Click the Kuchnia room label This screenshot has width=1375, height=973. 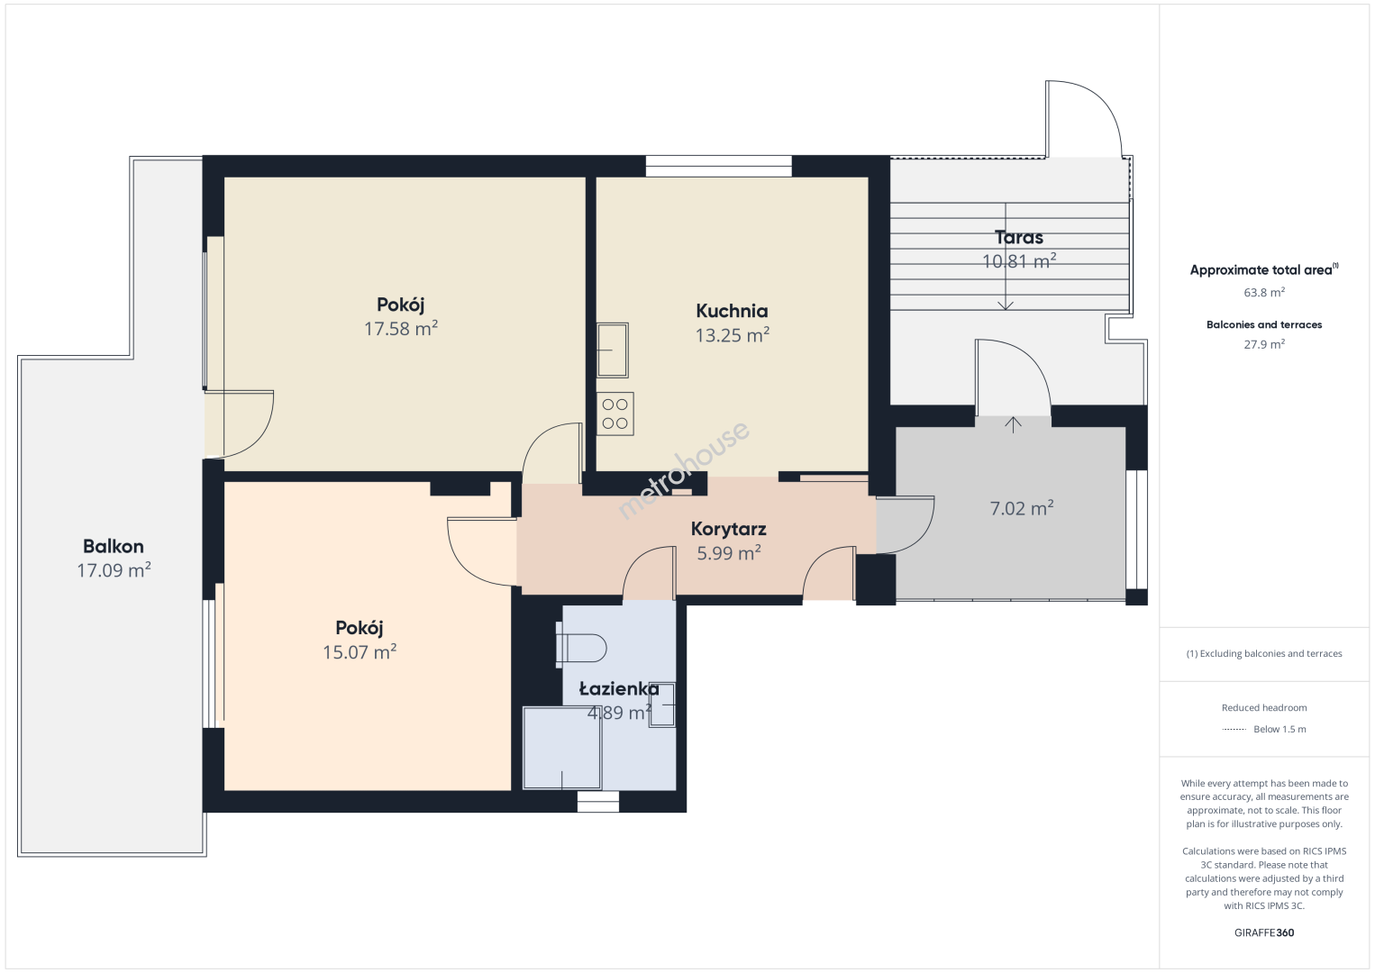coord(732,311)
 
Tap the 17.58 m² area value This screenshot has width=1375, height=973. coord(401,328)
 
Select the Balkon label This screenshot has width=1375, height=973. coord(114,546)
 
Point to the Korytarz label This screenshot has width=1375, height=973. coord(729,529)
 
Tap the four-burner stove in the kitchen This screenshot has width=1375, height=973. coord(615,414)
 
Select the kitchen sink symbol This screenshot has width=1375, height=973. coord(613,350)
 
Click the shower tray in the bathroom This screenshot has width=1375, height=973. coord(561,748)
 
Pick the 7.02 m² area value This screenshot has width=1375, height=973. coord(1022,508)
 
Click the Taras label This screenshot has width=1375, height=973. coord(1019,237)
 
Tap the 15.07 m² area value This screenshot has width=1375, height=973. coord(360,651)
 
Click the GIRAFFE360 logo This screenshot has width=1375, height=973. coord(1264,932)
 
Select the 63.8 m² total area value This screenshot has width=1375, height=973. coord(1264,292)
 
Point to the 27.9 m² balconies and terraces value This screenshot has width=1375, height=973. coord(1264,344)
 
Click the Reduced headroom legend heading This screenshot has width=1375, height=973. coord(1264,707)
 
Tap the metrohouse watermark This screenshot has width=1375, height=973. coord(684,469)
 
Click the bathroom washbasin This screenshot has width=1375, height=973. coord(662,705)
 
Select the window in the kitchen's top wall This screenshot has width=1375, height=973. coord(718,167)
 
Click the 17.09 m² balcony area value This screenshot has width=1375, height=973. coord(114,570)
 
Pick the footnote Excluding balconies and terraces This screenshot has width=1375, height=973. coord(1264,654)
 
